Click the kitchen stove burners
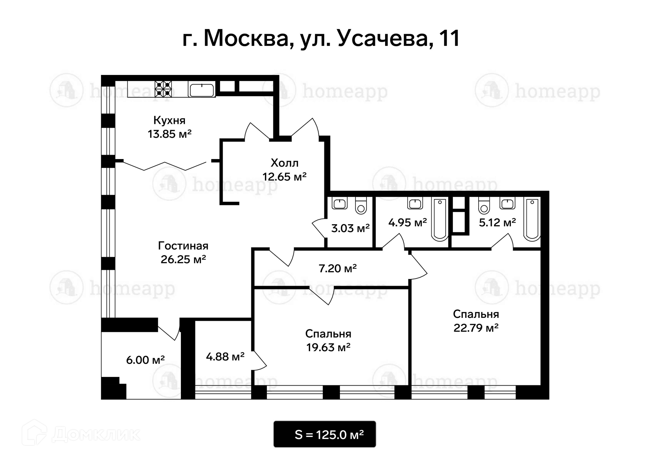click(163, 89)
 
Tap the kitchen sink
click(201, 90)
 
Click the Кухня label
click(169, 121)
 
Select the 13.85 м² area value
click(169, 134)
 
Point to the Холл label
click(285, 163)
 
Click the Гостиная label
click(183, 246)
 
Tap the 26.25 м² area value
click(183, 259)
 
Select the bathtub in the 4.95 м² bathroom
click(440, 220)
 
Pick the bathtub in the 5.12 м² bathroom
click(532, 220)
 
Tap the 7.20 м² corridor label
click(337, 268)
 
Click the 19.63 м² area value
click(328, 347)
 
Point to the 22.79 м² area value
click(476, 328)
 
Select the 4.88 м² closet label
click(225, 357)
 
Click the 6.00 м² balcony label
click(145, 360)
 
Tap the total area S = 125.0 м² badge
click(325, 434)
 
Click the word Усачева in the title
click(383, 38)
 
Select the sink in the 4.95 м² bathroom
click(415, 204)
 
